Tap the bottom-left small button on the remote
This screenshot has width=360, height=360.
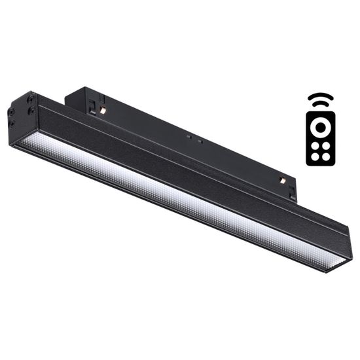(x=315, y=156)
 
